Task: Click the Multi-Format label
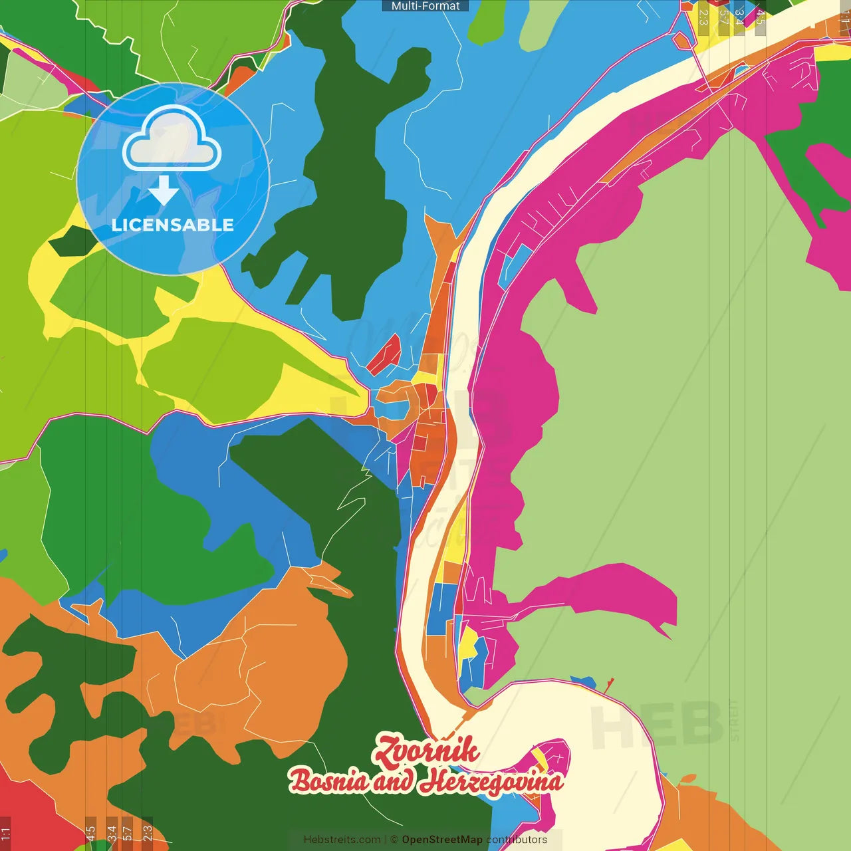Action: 425,6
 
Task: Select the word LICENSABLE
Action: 173,225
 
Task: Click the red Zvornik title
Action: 426,750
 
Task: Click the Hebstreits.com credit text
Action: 342,840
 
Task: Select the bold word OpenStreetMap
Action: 442,840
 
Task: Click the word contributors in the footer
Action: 517,840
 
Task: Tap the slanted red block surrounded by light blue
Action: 384,354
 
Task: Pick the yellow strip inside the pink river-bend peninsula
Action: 539,759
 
